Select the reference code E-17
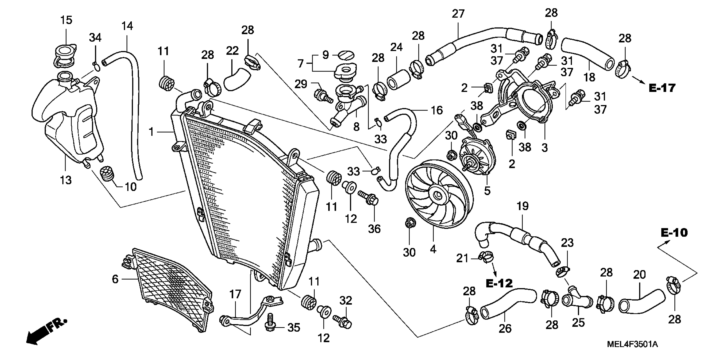click(662, 88)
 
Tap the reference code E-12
click(499, 284)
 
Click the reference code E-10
click(674, 233)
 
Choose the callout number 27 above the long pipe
click(458, 13)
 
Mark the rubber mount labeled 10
click(107, 173)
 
